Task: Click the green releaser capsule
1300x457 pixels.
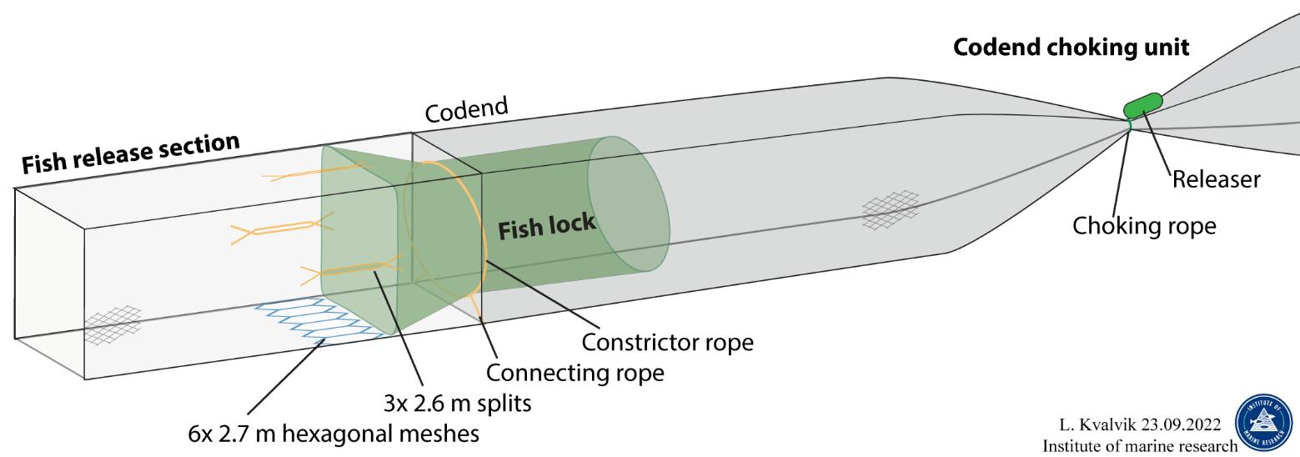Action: [x=1142, y=104]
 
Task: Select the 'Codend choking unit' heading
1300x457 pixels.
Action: [x=1072, y=48]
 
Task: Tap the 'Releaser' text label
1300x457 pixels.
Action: [x=1215, y=179]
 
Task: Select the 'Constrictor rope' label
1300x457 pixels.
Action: [x=667, y=343]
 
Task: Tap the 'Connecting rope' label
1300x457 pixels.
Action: [x=575, y=372]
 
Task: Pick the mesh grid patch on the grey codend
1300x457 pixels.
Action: [x=891, y=209]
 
